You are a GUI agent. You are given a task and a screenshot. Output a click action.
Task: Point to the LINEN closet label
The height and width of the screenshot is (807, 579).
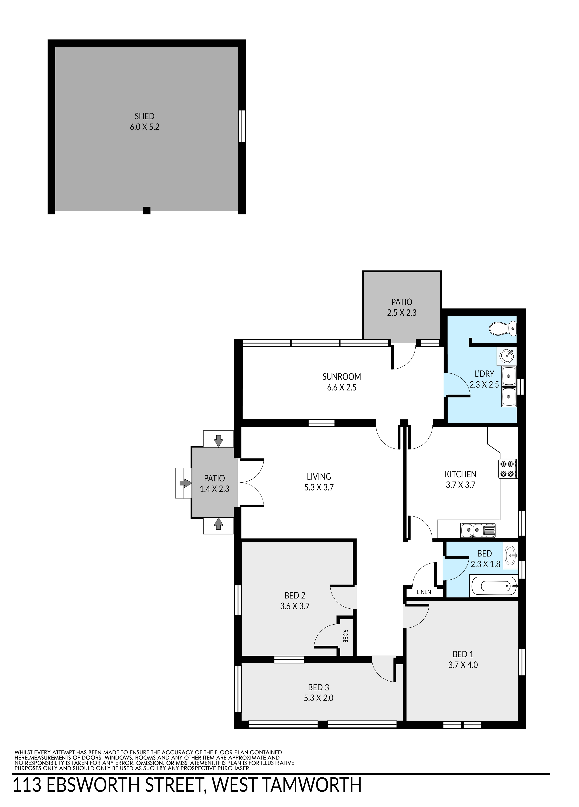point(424,592)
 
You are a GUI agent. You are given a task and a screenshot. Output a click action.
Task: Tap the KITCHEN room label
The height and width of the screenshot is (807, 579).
point(460,474)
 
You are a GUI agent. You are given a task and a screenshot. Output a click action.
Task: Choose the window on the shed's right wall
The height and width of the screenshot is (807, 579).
point(242,126)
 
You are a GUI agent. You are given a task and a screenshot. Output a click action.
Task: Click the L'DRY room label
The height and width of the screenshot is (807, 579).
point(484,374)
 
